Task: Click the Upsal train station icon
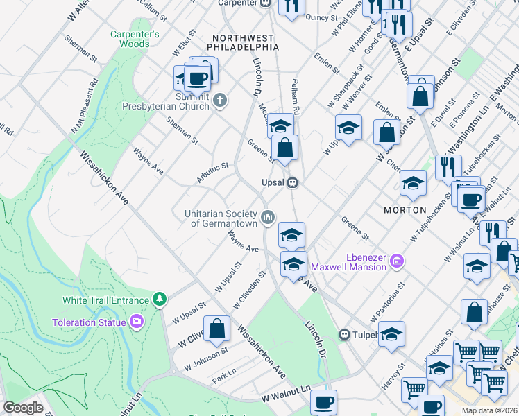(x=293, y=183)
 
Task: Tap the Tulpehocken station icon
(x=343, y=335)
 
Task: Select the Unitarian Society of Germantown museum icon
(x=267, y=218)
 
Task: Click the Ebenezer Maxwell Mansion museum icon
(x=397, y=261)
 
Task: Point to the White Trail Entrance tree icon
(x=160, y=300)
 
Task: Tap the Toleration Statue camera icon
(x=137, y=322)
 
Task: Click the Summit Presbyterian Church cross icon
(x=220, y=101)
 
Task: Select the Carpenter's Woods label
(x=135, y=39)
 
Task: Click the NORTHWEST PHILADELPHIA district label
(x=246, y=42)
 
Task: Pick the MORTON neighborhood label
(x=405, y=209)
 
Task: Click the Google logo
(x=23, y=408)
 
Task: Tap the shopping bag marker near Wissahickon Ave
(x=216, y=329)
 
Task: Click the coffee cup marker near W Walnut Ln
(x=323, y=402)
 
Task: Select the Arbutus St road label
(x=212, y=173)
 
